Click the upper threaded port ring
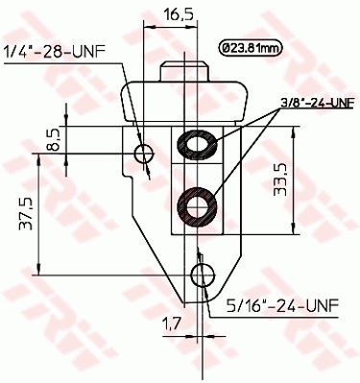click(x=198, y=145)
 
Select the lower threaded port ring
click(x=198, y=204)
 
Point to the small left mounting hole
click(x=145, y=154)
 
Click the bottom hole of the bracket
click(x=202, y=276)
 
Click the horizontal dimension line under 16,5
click(x=173, y=29)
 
